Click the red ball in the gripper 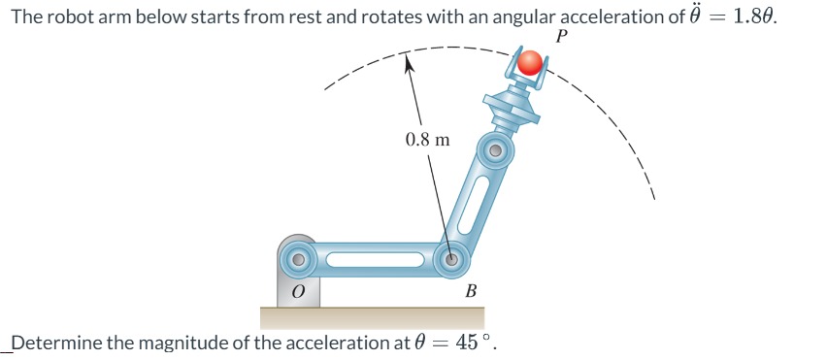pos(529,64)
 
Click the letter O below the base pos(299,291)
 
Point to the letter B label pos(471,291)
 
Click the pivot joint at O pos(298,259)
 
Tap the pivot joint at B pos(451,259)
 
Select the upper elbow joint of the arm pos(494,151)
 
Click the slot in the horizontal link pos(374,259)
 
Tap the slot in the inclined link pos(473,206)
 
